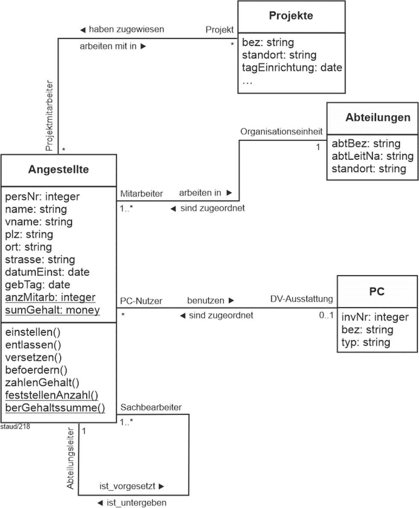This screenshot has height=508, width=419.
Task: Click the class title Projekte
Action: (x=291, y=15)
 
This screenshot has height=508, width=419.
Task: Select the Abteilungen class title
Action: (x=378, y=117)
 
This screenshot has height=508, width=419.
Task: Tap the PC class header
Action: (x=376, y=291)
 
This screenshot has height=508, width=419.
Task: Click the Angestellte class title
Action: (x=58, y=170)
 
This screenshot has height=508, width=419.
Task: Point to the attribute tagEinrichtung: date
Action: (x=292, y=67)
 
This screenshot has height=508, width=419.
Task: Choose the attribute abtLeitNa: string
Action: (x=373, y=156)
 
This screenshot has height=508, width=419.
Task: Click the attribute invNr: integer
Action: (x=375, y=317)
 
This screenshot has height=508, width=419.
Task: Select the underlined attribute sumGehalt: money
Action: (x=52, y=310)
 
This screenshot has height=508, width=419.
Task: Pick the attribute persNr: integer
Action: (x=43, y=196)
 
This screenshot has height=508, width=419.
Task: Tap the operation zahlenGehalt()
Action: (x=42, y=383)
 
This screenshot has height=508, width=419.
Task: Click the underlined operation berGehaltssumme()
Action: (x=55, y=408)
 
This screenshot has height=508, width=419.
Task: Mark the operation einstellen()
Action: (x=33, y=332)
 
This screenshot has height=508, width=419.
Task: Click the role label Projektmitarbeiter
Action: (x=49, y=115)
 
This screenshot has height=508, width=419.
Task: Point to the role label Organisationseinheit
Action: (x=281, y=132)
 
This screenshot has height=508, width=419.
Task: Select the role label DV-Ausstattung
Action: (x=301, y=299)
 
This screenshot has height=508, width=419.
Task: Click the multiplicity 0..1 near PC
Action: (x=326, y=315)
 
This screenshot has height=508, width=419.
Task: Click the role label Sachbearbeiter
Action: (x=151, y=407)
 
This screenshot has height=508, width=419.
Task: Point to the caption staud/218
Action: (x=15, y=426)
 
